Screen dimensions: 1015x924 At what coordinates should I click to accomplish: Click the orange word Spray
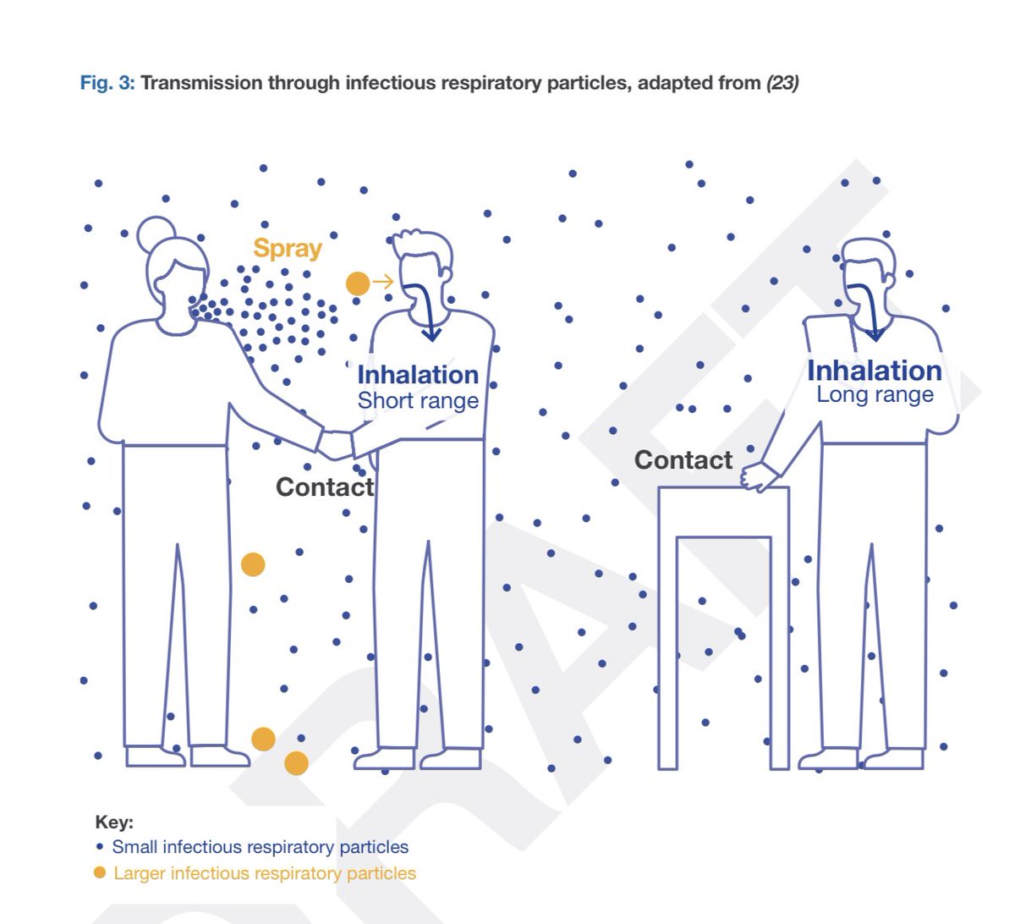288,249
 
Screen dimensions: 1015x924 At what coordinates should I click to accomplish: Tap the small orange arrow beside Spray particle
383,282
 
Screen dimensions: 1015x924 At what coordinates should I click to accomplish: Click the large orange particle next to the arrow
358,283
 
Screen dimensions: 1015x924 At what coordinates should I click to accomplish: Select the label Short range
418,401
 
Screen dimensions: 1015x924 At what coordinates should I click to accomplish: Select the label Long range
875,395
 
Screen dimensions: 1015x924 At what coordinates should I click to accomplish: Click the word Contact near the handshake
325,487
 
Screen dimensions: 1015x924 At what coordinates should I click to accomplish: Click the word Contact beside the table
683,459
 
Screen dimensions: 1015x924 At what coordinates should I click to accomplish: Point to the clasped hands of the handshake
335,444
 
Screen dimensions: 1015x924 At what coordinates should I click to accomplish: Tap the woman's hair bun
156,234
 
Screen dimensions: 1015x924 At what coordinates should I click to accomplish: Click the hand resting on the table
758,476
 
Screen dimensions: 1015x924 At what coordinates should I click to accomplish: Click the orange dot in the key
100,872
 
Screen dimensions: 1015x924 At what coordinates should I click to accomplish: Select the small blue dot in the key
100,846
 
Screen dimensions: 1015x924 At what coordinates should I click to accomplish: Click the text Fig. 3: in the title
107,83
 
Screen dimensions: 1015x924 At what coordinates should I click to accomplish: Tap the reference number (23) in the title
782,83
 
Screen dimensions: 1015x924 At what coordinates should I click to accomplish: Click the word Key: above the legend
114,822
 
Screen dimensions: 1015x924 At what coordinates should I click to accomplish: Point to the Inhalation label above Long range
875,371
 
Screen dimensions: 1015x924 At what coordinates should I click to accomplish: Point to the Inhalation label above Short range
418,375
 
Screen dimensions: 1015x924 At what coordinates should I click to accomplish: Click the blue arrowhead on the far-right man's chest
875,334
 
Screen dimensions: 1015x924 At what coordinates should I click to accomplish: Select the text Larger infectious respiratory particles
265,873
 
